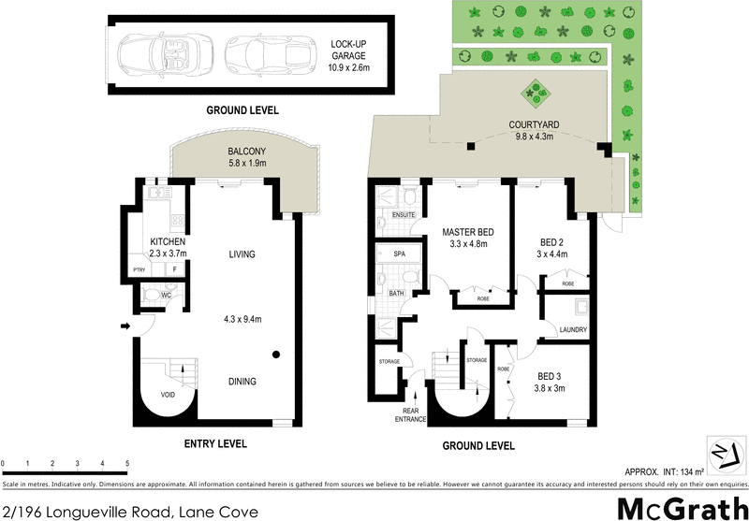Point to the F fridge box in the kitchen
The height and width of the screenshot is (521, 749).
tap(173, 269)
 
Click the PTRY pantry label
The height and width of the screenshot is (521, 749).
tap(139, 269)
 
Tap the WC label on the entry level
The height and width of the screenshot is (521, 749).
tap(165, 297)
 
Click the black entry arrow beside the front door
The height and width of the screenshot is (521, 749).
tap(124, 326)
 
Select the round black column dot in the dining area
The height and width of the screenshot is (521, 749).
tap(277, 355)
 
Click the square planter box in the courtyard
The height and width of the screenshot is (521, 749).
tap(537, 92)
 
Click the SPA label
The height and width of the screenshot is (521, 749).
tap(398, 253)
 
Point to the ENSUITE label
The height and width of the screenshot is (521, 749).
tap(404, 215)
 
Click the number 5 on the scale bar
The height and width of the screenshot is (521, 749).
tap(126, 463)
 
